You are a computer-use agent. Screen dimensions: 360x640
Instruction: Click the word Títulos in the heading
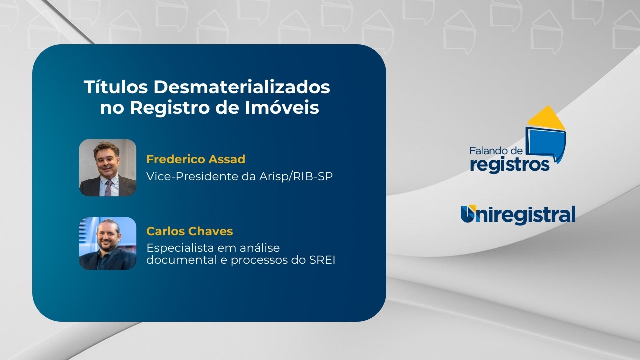click(116, 87)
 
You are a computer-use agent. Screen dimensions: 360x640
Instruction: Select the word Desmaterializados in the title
click(242, 87)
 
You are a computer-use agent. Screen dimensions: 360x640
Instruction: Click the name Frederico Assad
click(195, 159)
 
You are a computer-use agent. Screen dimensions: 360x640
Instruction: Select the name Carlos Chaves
click(189, 231)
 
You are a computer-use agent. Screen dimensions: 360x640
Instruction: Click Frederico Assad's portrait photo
click(108, 167)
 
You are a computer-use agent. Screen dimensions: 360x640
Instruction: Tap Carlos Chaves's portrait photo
click(108, 243)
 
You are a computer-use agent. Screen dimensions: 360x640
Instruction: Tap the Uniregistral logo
click(518, 215)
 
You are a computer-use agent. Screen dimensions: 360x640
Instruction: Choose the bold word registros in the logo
click(509, 164)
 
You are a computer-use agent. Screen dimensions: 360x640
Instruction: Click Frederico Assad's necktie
click(108, 187)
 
